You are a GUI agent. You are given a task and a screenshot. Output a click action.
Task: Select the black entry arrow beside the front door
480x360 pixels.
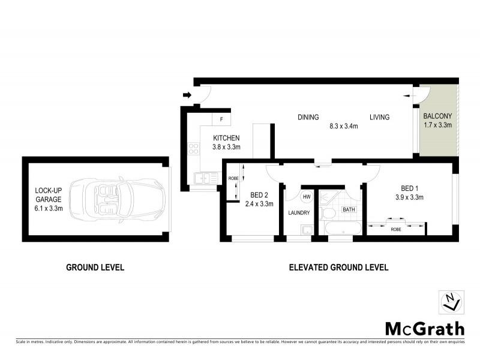(x=187, y=95)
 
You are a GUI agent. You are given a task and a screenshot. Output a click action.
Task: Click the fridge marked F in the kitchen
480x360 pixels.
(x=222, y=119)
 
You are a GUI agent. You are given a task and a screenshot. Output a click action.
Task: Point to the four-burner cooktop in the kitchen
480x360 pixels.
(x=194, y=148)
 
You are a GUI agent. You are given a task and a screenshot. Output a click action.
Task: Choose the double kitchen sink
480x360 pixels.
(x=202, y=178)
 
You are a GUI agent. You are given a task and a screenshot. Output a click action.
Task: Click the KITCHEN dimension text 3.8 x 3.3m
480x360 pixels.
(x=227, y=147)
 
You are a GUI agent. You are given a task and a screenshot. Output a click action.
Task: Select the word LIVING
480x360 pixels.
(x=379, y=117)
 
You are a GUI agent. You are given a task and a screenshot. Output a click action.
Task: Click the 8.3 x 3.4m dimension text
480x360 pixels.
(x=343, y=127)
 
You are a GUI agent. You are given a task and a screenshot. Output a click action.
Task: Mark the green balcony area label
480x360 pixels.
(x=437, y=121)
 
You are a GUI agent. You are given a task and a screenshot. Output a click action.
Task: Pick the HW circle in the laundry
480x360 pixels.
(x=306, y=197)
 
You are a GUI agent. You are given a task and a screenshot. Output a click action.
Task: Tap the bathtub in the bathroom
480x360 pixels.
(x=342, y=229)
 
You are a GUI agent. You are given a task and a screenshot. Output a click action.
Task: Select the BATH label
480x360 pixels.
(x=349, y=209)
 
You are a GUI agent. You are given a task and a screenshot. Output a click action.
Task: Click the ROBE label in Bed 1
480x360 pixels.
(x=396, y=229)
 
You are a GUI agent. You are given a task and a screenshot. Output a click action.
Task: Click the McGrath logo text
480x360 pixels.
(x=424, y=329)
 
